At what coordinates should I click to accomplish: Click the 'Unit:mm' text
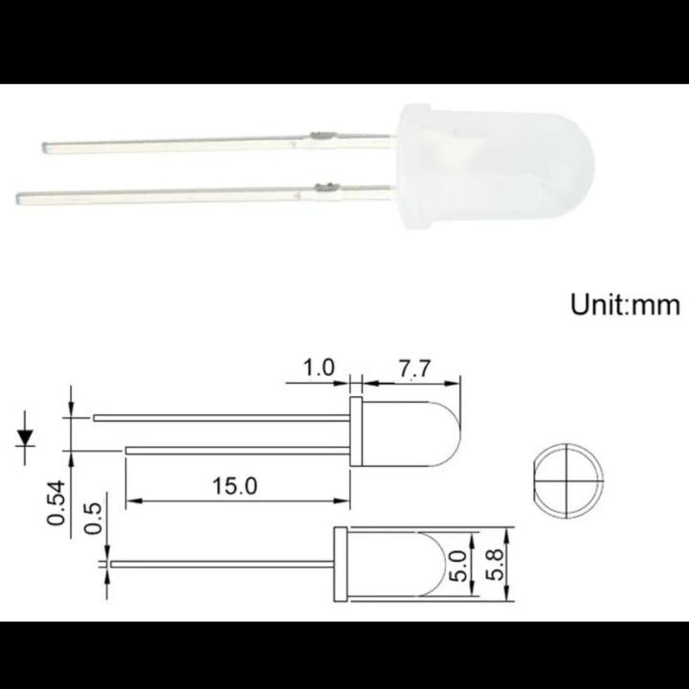point(625,305)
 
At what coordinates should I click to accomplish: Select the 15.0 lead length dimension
point(235,486)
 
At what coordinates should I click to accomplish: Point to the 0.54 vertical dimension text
point(56,501)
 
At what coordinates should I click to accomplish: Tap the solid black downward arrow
point(26,437)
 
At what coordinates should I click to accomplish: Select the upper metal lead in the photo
point(191,144)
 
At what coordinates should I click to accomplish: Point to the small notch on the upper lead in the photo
point(322,137)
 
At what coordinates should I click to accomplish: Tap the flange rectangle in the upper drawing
point(356,433)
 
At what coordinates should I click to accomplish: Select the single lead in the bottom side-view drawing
point(220,565)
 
